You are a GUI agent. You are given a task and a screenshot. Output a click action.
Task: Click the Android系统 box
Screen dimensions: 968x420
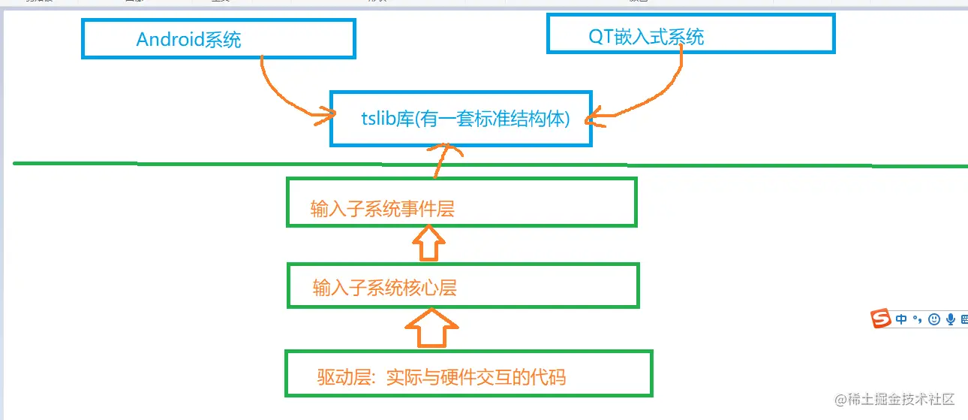tap(218, 39)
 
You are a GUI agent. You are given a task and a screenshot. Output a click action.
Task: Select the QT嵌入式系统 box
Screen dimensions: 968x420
tap(690, 33)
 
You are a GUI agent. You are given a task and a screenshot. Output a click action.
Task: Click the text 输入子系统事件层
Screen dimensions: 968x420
tap(383, 210)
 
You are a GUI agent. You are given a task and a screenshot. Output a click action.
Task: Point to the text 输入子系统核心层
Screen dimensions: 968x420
tap(384, 288)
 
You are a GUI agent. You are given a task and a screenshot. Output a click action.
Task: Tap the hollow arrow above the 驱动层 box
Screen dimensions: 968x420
tap(431, 328)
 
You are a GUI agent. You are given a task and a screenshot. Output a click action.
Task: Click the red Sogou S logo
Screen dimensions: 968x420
tap(881, 319)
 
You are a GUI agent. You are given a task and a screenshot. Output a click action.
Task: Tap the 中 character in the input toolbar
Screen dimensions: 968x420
tap(901, 319)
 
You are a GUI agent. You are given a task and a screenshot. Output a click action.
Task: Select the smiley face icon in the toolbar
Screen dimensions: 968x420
tap(934, 319)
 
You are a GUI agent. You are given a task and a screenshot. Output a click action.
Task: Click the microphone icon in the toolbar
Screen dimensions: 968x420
tap(951, 319)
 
